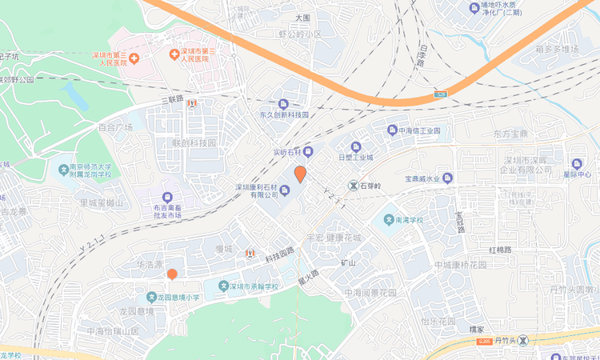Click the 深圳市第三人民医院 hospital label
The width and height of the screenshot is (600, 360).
[x=193, y=54]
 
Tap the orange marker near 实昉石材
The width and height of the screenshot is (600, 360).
[x=301, y=174]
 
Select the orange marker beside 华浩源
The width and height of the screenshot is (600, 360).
[x=172, y=274]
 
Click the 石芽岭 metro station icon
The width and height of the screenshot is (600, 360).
[x=353, y=186]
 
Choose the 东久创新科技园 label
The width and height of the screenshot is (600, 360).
[x=283, y=115]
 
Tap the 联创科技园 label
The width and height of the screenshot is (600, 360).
[x=194, y=143]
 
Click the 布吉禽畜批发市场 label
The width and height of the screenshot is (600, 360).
[x=168, y=210]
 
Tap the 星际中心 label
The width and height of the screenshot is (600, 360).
[x=577, y=174]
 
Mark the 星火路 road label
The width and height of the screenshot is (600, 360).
[x=308, y=277]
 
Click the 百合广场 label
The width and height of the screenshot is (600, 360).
[x=114, y=127]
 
